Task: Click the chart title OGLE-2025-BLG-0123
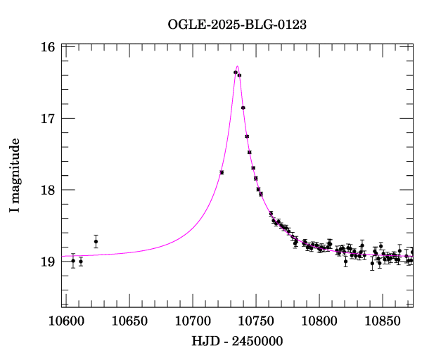click(x=237, y=25)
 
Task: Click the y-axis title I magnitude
click(x=15, y=176)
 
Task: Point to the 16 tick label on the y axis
click(x=48, y=47)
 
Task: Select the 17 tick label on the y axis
click(x=48, y=119)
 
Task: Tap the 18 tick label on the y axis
click(x=48, y=191)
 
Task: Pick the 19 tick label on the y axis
click(x=48, y=262)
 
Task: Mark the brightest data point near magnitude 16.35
click(x=236, y=72)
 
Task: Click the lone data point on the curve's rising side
click(x=222, y=172)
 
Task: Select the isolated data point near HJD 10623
click(x=96, y=241)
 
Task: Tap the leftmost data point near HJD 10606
click(x=73, y=261)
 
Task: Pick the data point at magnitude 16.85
click(x=243, y=108)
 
